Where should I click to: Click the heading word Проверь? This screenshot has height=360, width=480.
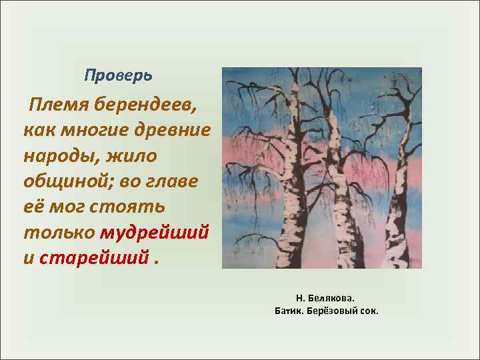coord(119,75)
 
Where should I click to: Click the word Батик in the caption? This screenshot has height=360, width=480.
coord(289,311)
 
